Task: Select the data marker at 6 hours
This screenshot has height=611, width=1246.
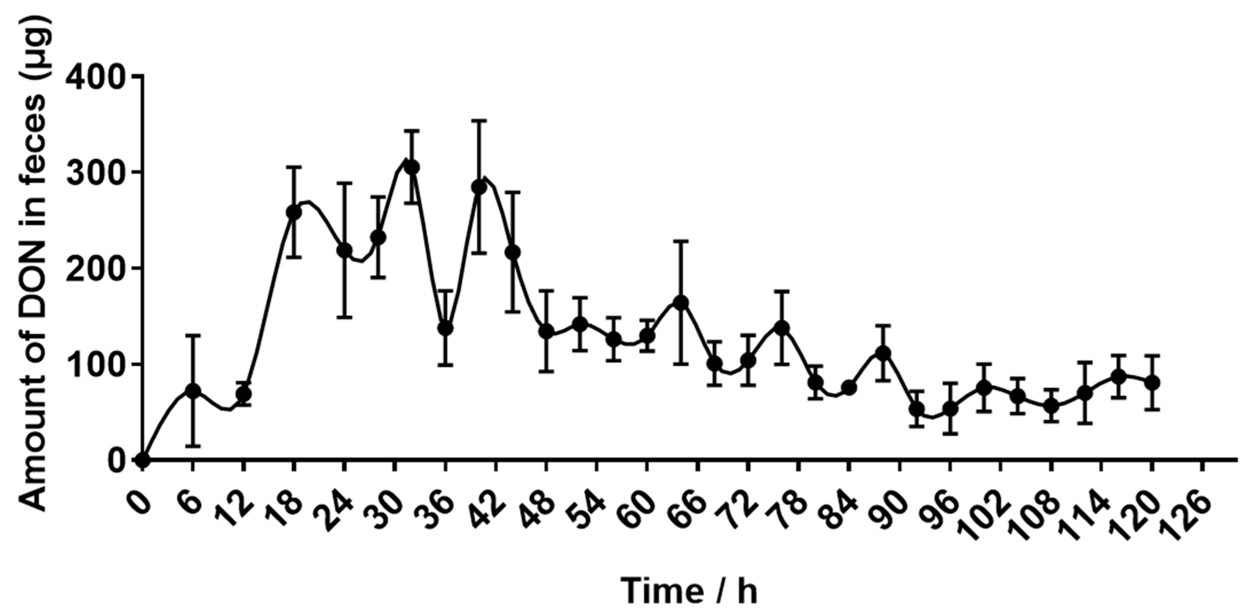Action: [193, 391]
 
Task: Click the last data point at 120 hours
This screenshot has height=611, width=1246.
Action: [1152, 383]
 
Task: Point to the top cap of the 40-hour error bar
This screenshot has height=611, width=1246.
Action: [479, 121]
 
